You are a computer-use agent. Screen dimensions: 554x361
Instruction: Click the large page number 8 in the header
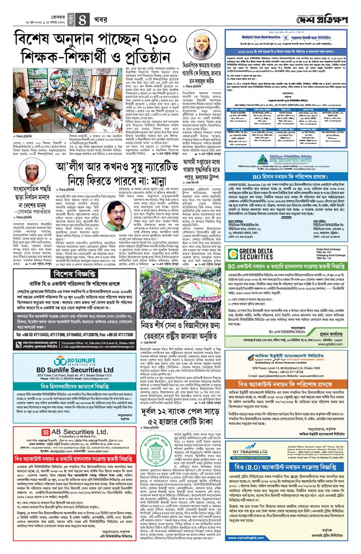tap(82, 20)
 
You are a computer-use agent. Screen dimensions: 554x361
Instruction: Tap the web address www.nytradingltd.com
tap(246, 538)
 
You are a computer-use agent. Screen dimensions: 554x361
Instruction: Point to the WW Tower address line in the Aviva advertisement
tap(286, 368)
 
